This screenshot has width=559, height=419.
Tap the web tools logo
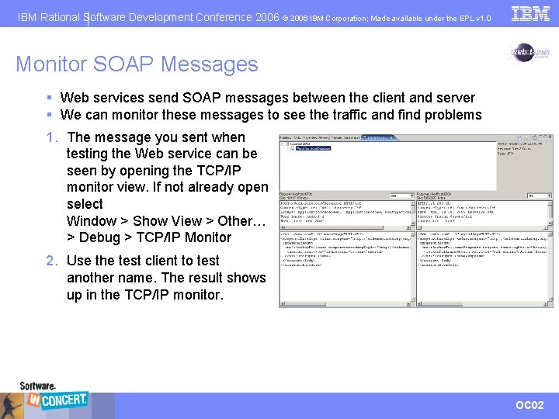529,54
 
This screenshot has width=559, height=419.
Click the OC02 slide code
530,406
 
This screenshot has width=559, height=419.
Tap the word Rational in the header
60,17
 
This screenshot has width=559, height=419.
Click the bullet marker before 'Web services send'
49,98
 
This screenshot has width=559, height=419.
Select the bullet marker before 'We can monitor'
49,115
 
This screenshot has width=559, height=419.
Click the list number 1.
51,137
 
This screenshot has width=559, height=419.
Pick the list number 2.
51,261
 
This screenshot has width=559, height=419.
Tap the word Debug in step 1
99,237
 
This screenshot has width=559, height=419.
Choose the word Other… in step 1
243,221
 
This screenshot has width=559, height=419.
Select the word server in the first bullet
454,98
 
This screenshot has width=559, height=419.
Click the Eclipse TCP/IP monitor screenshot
416,221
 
